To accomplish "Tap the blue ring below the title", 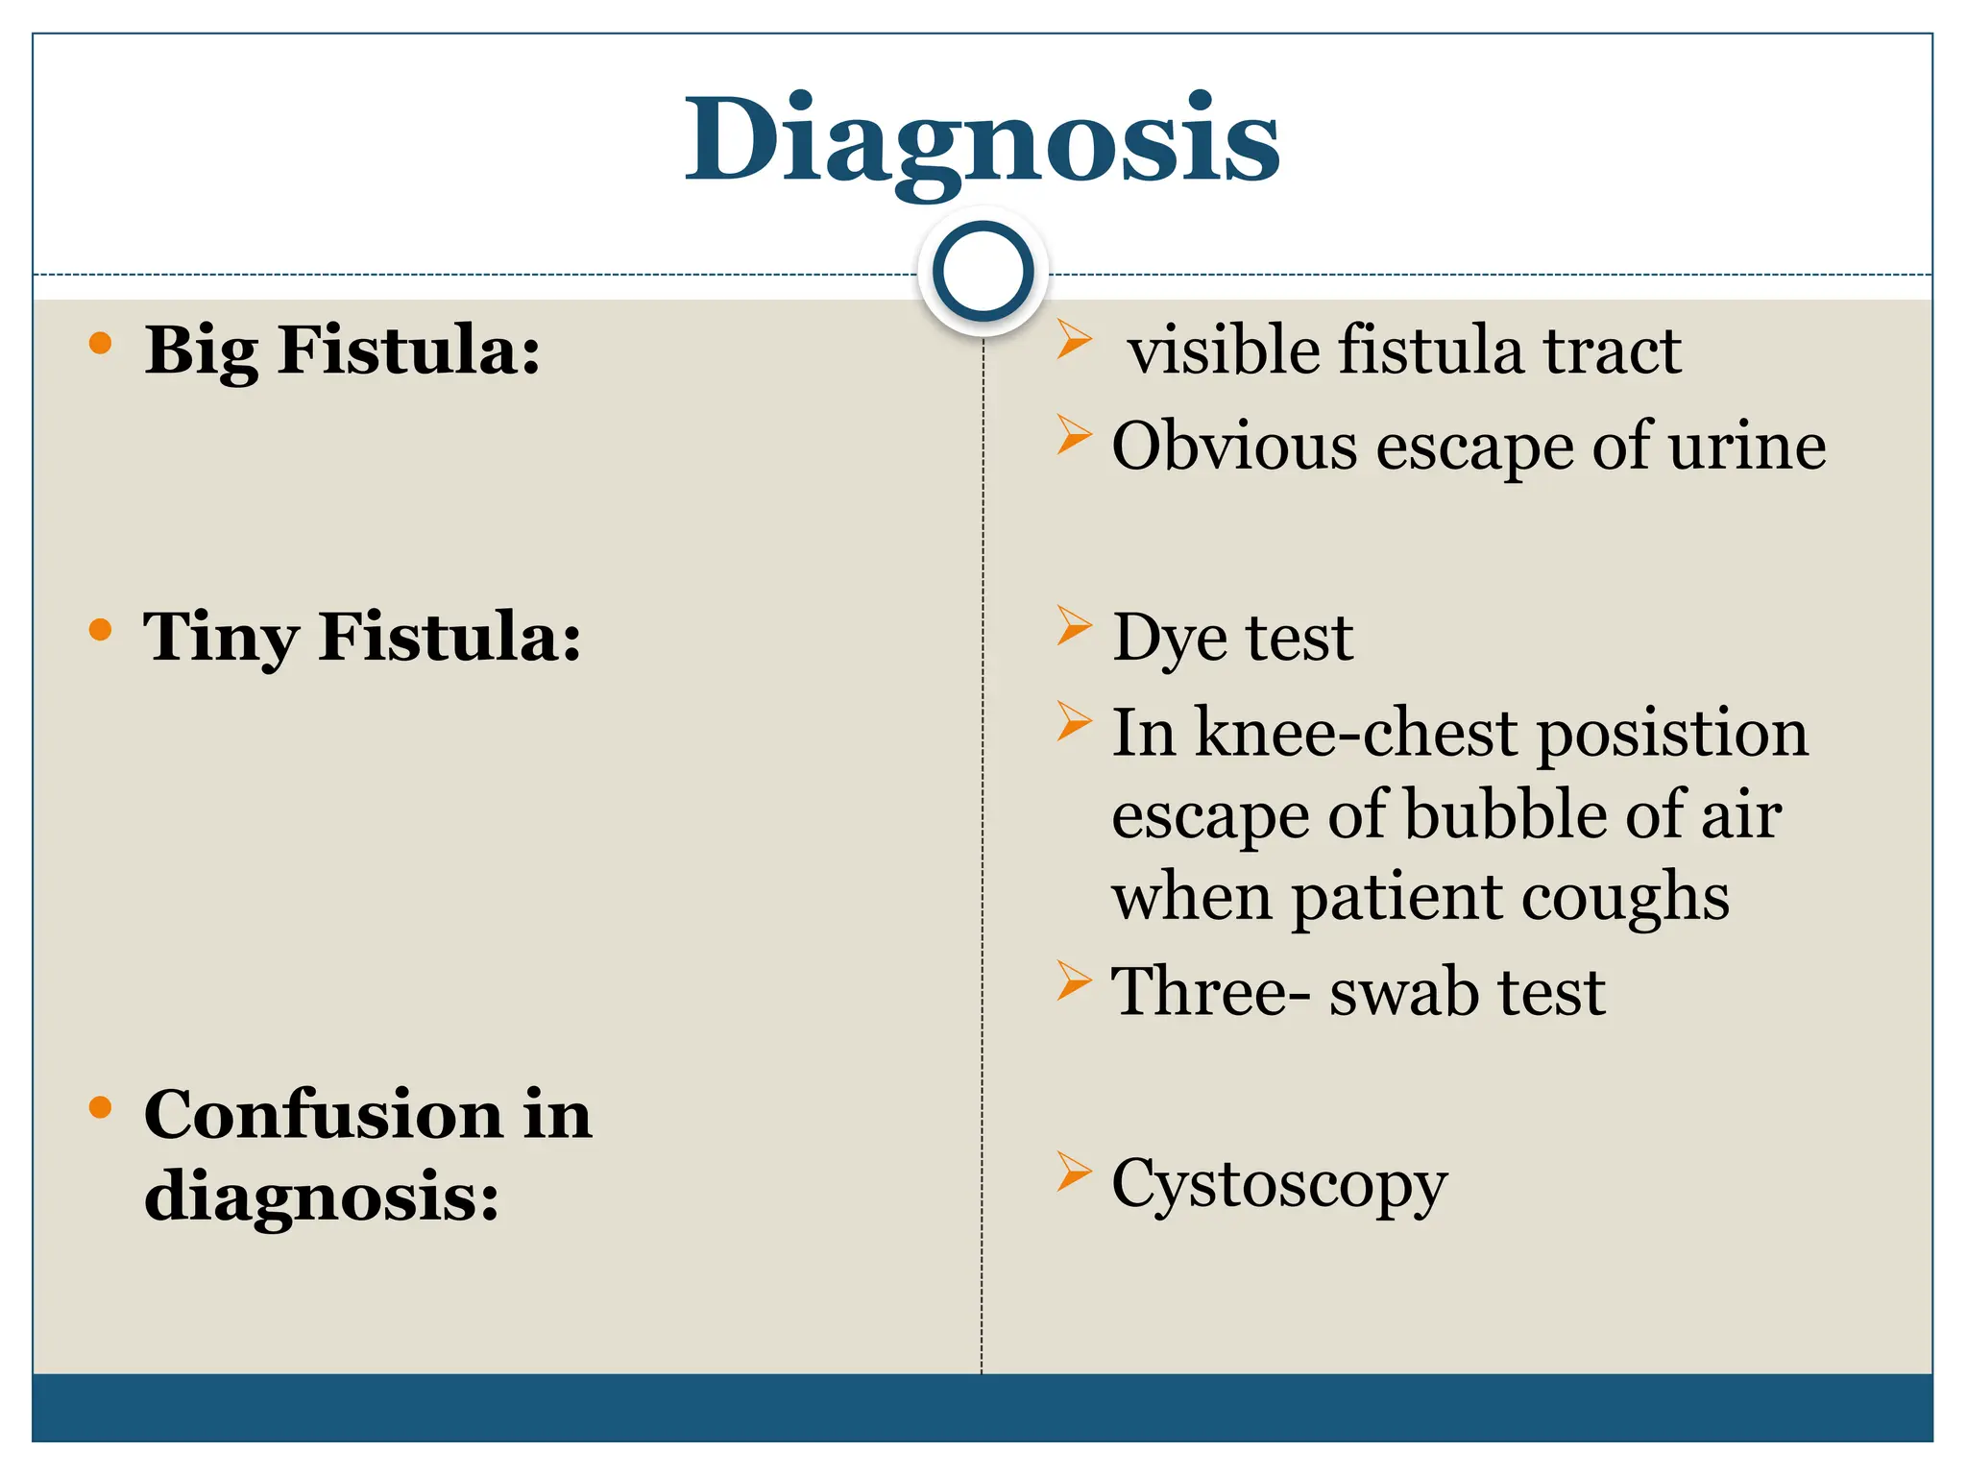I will coord(983,272).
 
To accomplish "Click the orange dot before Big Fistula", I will coord(100,344).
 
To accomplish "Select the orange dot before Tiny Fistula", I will coord(100,630).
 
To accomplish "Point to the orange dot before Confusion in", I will coord(100,1108).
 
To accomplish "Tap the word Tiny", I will coord(220,638).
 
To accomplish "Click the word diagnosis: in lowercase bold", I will coord(322,1197).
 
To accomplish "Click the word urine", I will coord(1747,447).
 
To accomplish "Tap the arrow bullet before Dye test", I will coord(1074,626).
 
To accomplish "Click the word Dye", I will coord(1169,638).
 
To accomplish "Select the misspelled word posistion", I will coord(1672,735).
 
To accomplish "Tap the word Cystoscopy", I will coord(1278,1185).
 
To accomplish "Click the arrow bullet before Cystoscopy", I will coord(1074,1172).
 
